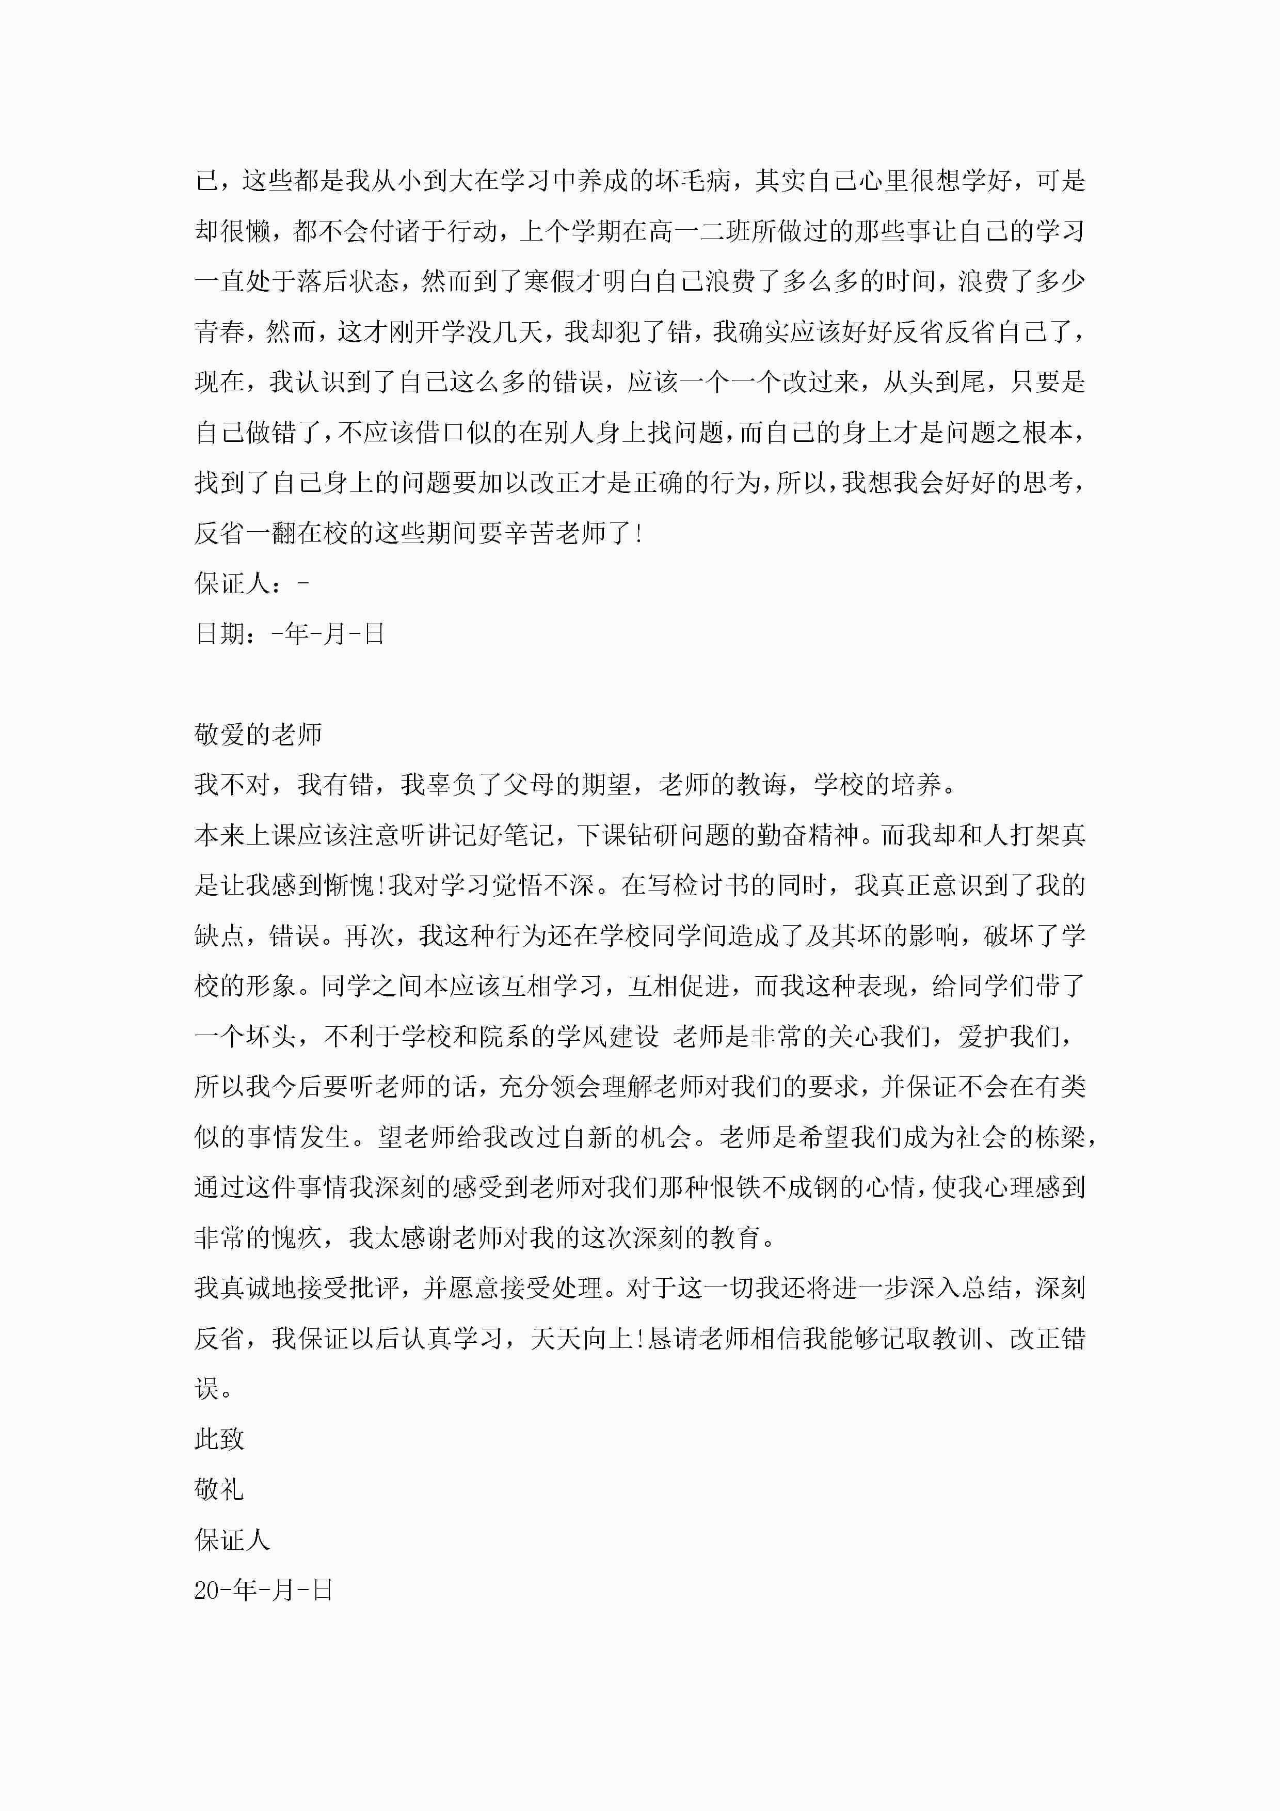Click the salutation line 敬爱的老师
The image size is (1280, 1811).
click(x=258, y=734)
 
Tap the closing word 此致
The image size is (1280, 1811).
click(x=219, y=1439)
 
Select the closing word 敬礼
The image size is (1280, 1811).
click(x=219, y=1489)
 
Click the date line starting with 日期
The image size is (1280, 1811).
click(x=290, y=633)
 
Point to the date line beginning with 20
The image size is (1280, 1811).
click(x=263, y=1590)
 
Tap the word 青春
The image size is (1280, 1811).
click(x=220, y=332)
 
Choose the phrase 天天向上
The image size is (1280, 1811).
click(x=583, y=1339)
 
